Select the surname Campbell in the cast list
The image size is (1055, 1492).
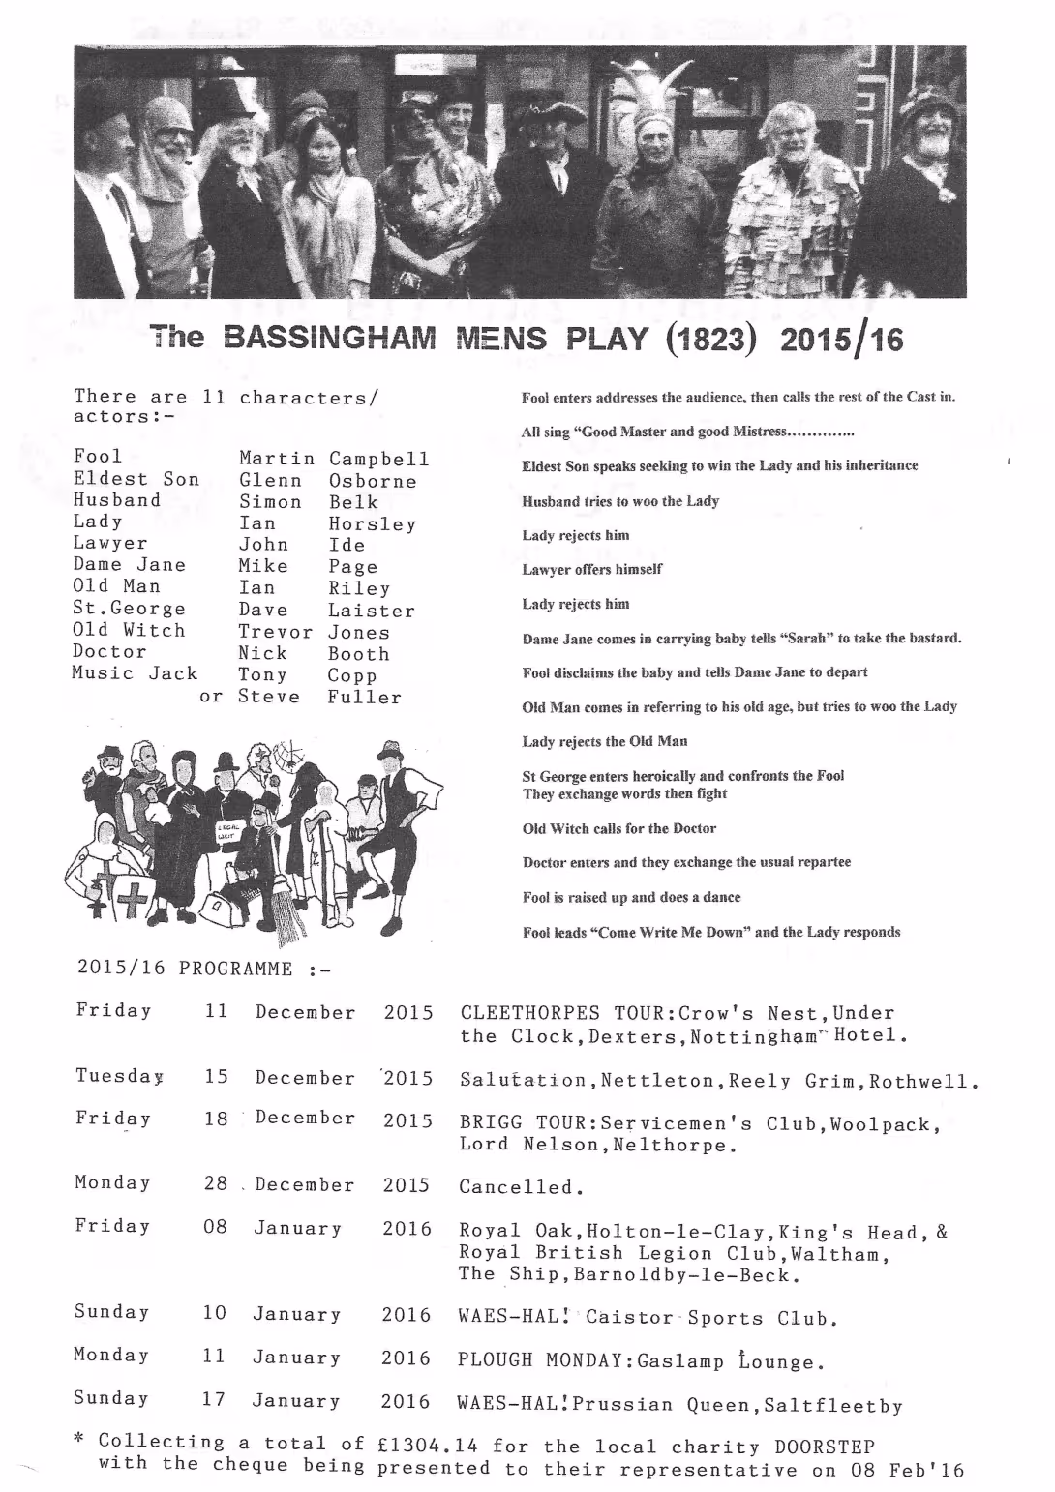pyautogui.click(x=378, y=459)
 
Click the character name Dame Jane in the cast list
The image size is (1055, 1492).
pyautogui.click(x=129, y=565)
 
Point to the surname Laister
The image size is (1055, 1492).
pyautogui.click(x=371, y=611)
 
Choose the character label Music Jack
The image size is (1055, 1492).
pyautogui.click(x=135, y=673)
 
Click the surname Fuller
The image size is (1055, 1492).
pyautogui.click(x=364, y=697)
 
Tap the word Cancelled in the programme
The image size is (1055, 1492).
pyautogui.click(x=515, y=1187)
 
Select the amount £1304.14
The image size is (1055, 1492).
pyautogui.click(x=427, y=1446)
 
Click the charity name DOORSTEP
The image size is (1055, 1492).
pyautogui.click(x=825, y=1447)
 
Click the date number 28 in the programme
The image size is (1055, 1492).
pyautogui.click(x=215, y=1183)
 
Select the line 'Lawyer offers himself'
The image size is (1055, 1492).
pyautogui.click(x=591, y=569)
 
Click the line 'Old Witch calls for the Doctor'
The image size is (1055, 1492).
pyautogui.click(x=618, y=828)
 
